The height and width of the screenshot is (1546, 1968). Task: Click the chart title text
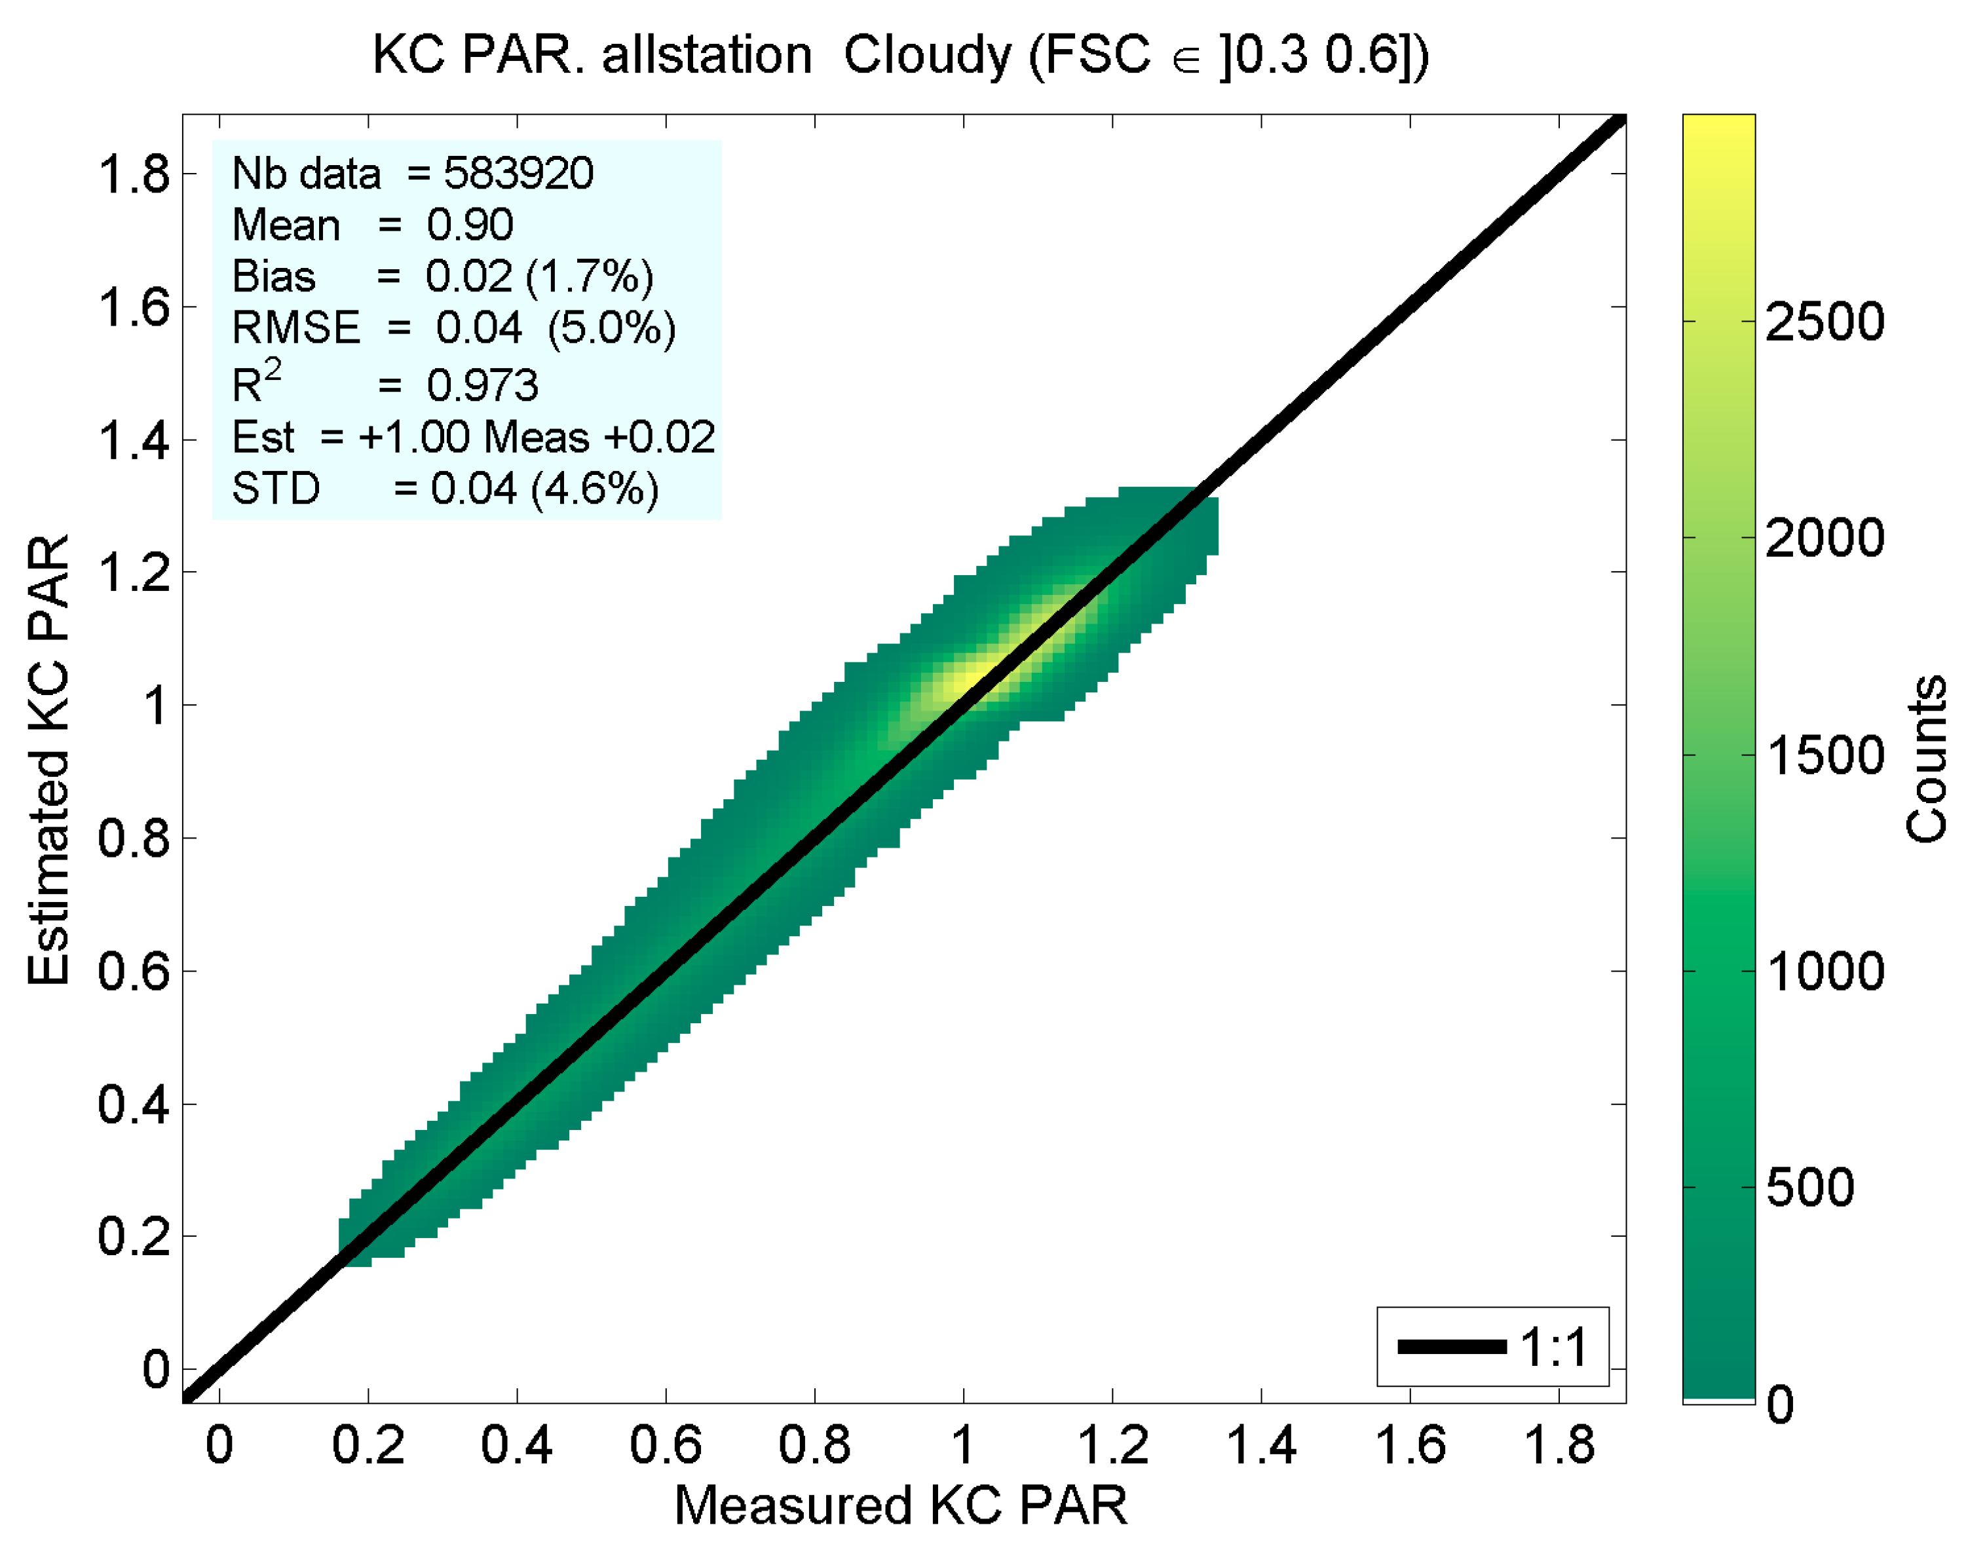(901, 56)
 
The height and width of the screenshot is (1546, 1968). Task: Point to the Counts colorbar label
(1925, 759)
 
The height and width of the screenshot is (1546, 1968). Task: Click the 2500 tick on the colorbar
(1824, 322)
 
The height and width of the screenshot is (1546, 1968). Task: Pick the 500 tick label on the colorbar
(1809, 1186)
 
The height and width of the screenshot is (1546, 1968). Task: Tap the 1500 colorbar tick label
(1824, 755)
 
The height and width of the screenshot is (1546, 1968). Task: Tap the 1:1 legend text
(1553, 1347)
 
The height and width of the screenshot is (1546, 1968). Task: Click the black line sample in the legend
(1451, 1347)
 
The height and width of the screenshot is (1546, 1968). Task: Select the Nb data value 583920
(518, 173)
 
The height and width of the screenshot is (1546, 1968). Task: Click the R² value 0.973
(482, 386)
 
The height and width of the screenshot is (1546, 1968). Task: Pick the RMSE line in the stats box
(453, 328)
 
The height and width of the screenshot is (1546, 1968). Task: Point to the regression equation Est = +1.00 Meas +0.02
(472, 437)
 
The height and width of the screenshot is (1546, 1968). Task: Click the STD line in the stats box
(444, 489)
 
